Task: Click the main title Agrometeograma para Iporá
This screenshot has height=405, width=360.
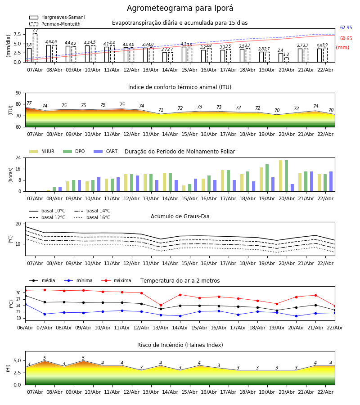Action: coord(180,9)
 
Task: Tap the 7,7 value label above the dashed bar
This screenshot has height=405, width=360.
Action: coord(35,31)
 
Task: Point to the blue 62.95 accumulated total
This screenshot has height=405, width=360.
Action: coord(346,28)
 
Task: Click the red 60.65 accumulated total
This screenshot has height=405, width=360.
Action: coord(346,39)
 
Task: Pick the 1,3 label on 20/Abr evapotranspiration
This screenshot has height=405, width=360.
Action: coord(286,54)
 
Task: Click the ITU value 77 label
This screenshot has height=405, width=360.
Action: coord(29,103)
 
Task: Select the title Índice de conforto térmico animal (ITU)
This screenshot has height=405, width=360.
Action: coord(180,87)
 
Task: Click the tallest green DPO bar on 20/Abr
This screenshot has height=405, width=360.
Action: coord(286,175)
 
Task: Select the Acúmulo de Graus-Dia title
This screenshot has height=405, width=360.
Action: coord(180,216)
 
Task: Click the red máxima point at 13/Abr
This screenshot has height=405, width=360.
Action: coord(161,305)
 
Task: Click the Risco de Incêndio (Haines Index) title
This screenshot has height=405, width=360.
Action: coord(180,345)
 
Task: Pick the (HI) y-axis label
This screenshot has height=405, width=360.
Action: coord(8,368)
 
